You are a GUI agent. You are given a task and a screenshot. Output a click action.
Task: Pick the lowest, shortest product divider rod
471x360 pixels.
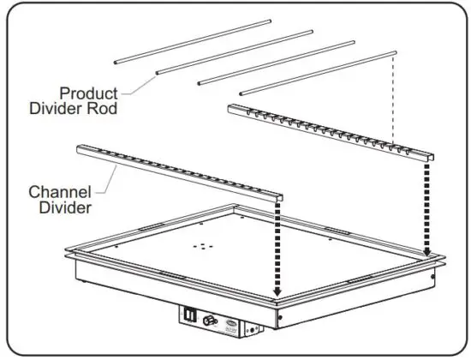317,70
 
